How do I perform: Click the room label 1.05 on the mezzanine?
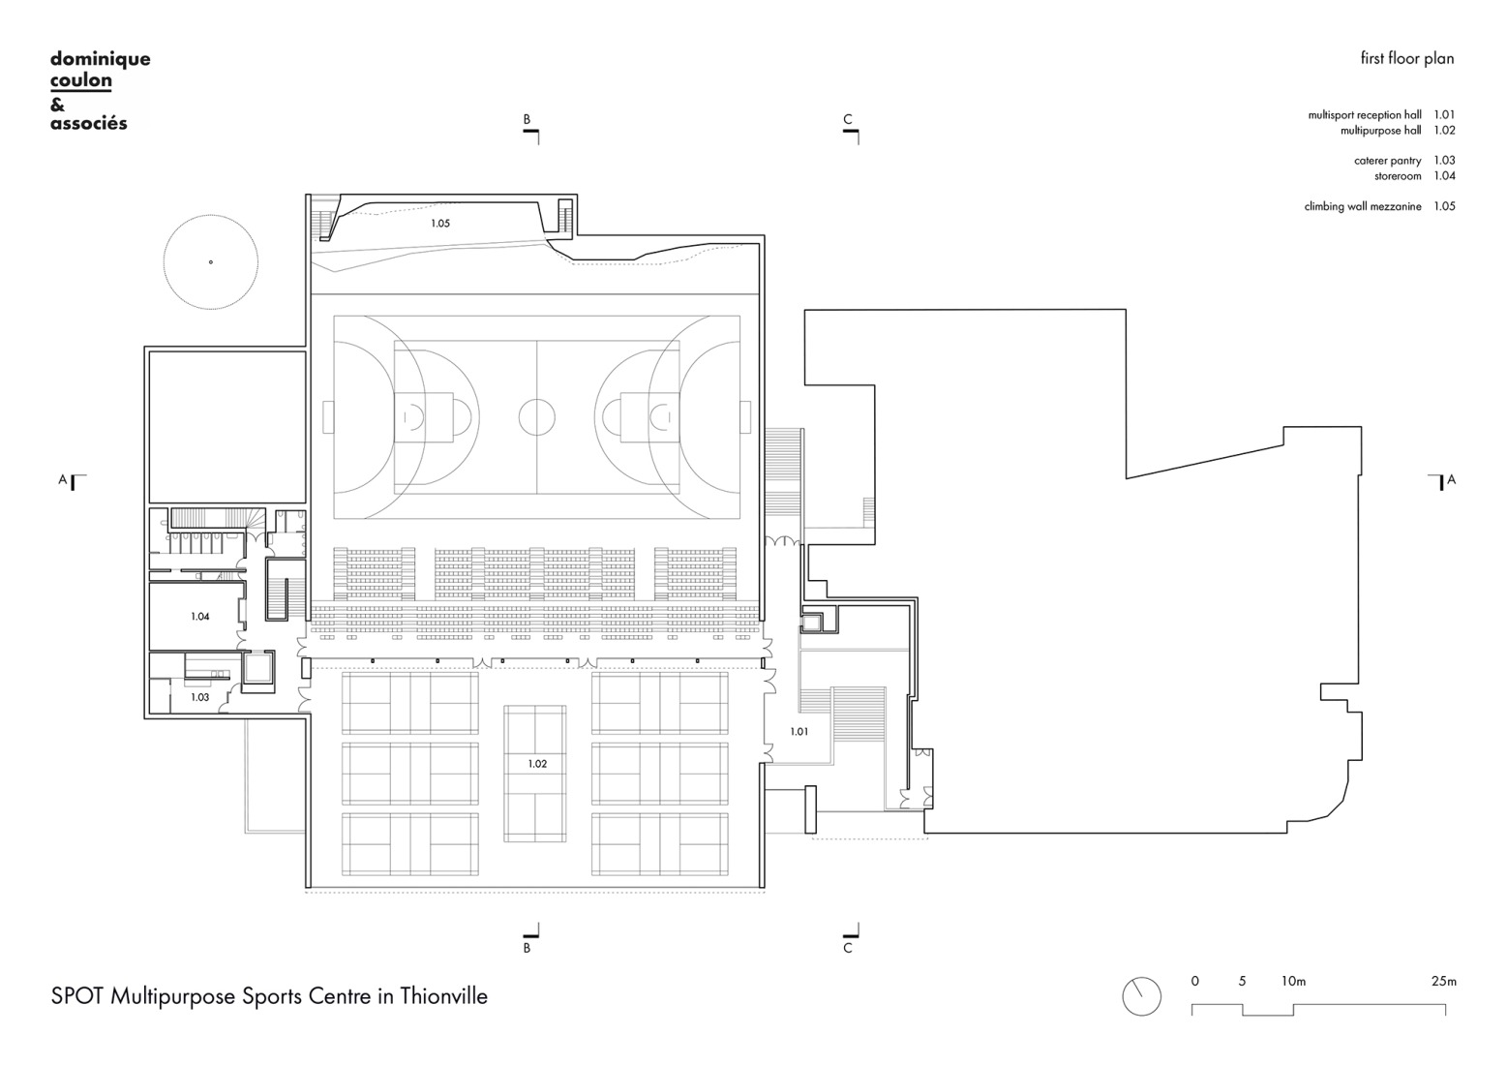[x=440, y=224]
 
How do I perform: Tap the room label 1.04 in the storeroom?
[x=200, y=617]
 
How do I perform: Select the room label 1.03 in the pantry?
[x=200, y=697]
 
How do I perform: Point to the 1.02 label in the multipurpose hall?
[x=537, y=764]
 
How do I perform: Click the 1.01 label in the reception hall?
[x=799, y=732]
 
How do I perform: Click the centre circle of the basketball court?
[x=537, y=416]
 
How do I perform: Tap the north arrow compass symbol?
[x=1141, y=996]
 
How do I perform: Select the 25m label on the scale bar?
[x=1443, y=982]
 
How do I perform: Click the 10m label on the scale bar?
[x=1293, y=982]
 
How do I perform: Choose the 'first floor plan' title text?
[x=1406, y=59]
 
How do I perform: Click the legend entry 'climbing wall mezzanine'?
[x=1363, y=206]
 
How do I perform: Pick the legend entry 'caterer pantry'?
[x=1387, y=161]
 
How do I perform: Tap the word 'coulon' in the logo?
[x=80, y=80]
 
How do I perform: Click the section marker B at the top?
[x=527, y=120]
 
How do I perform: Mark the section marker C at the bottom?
[x=848, y=948]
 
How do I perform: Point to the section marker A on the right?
[x=1451, y=479]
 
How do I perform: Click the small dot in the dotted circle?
[x=210, y=262]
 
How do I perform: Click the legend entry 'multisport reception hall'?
[x=1365, y=115]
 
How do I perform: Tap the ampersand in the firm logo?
[x=57, y=103]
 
